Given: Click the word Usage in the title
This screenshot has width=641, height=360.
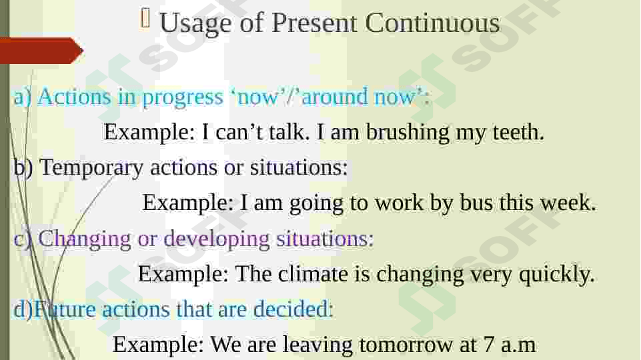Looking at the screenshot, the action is click(196, 24).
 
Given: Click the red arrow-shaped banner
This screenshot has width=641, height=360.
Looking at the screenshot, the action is click(41, 51).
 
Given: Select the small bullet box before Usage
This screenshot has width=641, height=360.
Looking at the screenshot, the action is click(145, 19).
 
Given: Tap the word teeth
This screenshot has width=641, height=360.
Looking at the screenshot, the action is click(518, 133).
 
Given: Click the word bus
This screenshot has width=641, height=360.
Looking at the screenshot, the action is click(476, 202).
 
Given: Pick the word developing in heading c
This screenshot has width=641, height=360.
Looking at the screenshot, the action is click(217, 239).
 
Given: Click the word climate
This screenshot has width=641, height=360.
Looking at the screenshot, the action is click(313, 273).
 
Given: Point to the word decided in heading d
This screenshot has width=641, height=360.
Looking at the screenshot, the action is click(293, 309).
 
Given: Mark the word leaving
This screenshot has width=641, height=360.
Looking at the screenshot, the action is click(317, 345).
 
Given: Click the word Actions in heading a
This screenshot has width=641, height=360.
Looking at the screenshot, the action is click(75, 97).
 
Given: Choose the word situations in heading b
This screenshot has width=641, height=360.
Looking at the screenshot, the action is click(299, 168).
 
